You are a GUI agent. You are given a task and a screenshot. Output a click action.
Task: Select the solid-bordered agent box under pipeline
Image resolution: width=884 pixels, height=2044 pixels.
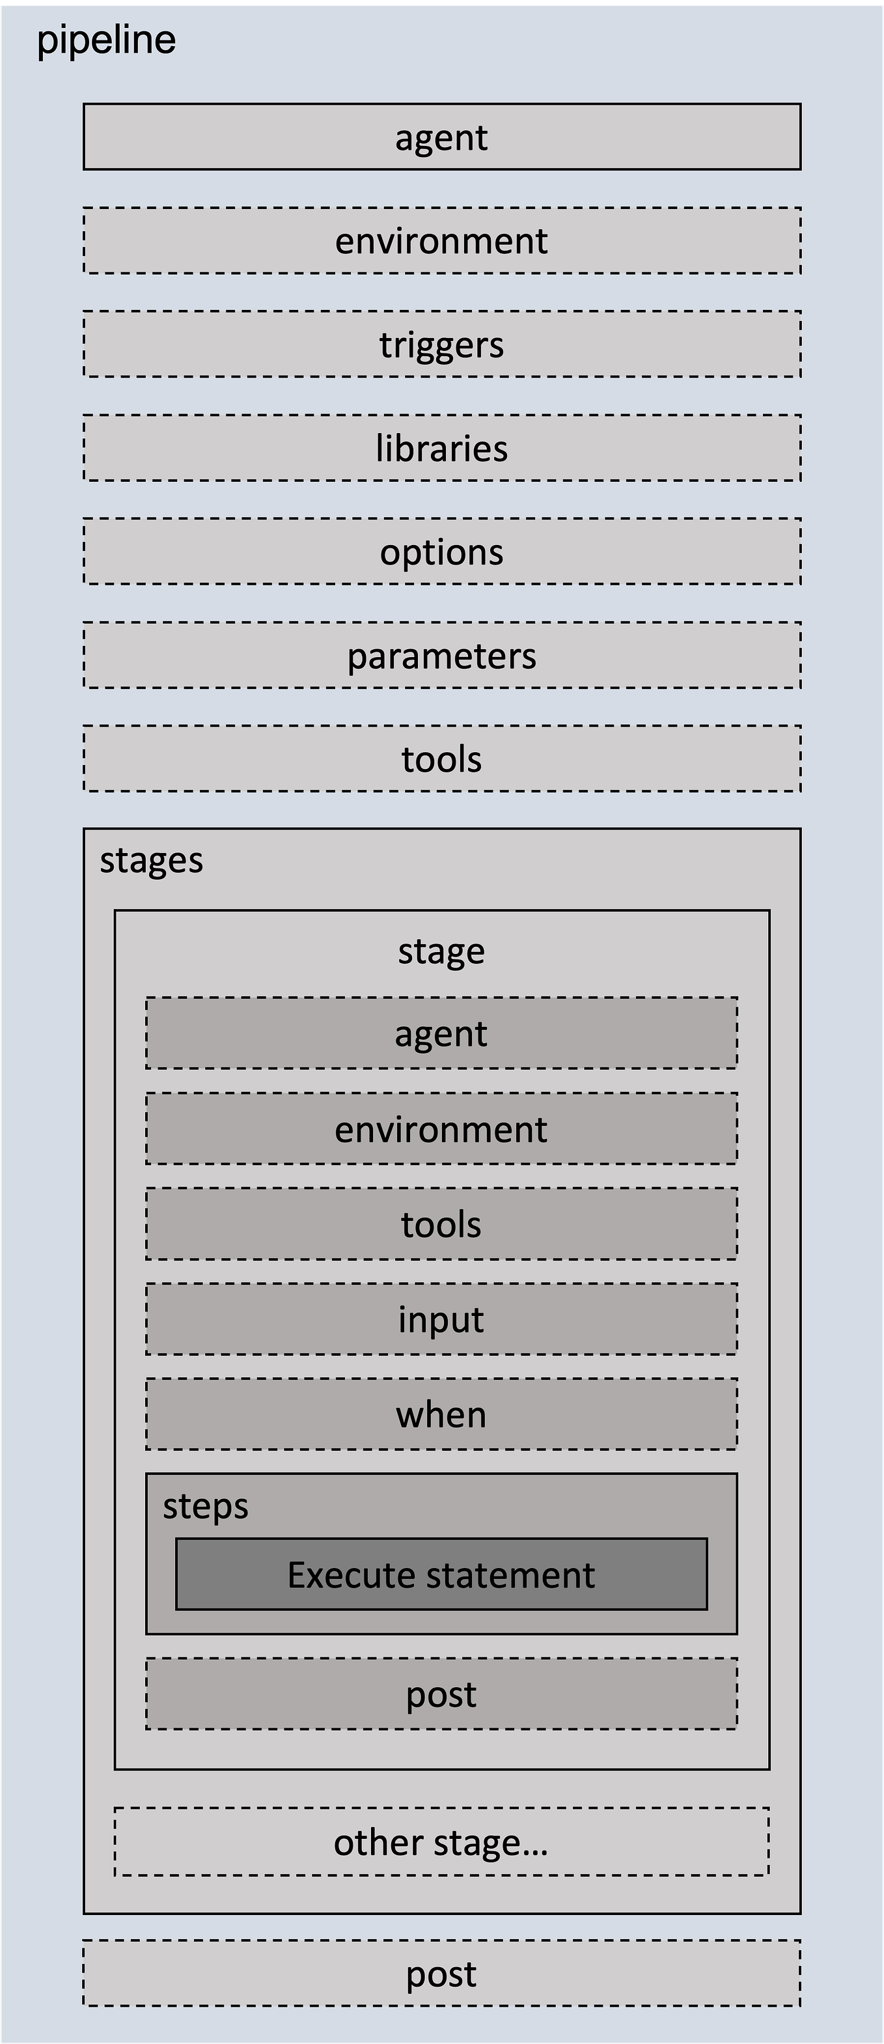442,137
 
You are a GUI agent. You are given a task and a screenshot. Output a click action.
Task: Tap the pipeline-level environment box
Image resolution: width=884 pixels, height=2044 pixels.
442,240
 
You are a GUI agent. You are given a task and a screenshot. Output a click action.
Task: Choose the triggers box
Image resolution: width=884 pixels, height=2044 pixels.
442,344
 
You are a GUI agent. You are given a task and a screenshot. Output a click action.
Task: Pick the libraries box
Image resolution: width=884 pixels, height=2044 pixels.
442,447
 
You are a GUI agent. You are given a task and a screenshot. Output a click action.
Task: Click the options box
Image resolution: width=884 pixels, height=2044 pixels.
442,552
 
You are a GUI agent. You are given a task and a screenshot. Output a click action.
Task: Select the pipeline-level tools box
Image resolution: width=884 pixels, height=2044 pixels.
442,759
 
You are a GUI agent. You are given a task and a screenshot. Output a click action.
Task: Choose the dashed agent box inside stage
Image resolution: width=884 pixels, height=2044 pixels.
441,1033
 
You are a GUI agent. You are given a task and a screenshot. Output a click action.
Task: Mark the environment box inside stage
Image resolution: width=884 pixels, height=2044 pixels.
441,1128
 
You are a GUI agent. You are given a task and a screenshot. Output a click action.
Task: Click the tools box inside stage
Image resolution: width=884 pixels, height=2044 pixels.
441,1224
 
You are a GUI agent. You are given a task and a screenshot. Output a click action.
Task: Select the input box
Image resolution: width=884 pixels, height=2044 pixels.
441,1319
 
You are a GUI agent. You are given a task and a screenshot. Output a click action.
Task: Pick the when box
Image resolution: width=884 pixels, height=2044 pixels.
441,1414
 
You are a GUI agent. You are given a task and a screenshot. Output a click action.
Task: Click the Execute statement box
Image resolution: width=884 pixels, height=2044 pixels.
441,1575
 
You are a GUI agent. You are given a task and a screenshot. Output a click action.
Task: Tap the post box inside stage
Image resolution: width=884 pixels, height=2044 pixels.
441,1693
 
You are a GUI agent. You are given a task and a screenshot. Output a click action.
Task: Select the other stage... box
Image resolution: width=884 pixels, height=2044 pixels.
442,1841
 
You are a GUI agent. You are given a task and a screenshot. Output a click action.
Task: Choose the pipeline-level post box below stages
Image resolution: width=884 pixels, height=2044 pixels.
442,1974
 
